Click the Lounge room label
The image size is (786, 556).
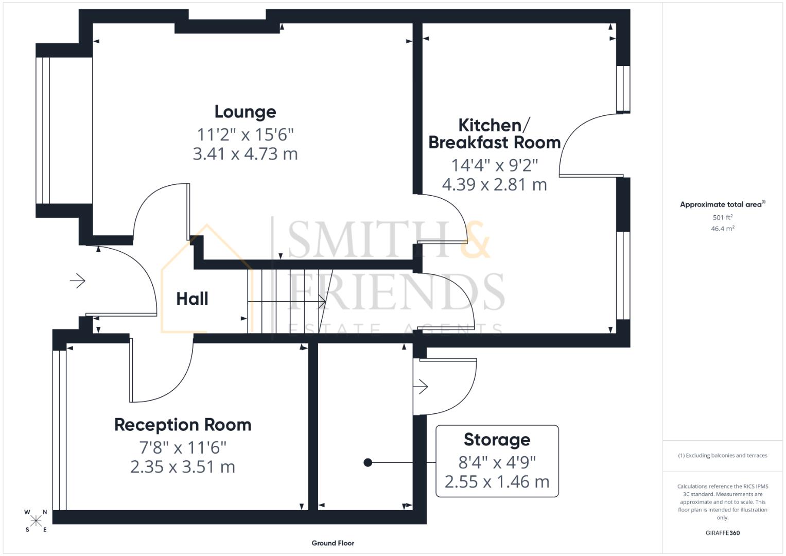[245, 112]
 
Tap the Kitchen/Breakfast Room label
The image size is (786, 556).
[494, 133]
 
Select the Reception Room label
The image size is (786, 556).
[183, 425]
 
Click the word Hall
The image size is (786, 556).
[192, 299]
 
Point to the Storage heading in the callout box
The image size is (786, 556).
[497, 440]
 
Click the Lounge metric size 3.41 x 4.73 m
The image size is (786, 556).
[245, 154]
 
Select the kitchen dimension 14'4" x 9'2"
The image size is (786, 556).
[494, 165]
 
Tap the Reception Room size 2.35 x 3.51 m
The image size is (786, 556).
[183, 467]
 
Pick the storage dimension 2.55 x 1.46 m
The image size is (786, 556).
[497, 482]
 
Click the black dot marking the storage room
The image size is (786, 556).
[368, 463]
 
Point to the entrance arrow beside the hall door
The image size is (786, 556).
[77, 281]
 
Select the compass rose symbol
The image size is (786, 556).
[36, 520]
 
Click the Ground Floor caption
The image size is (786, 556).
[333, 543]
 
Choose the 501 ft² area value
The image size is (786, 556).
[722, 217]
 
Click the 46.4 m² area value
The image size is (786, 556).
[722, 229]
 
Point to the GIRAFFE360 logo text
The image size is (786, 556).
[722, 533]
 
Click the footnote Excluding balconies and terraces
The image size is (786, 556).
[722, 456]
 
